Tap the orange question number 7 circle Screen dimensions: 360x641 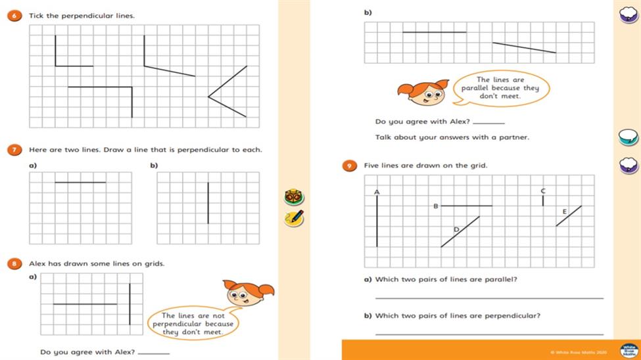(x=12, y=150)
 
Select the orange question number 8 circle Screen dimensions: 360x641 (x=12, y=263)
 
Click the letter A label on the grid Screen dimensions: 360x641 (x=377, y=192)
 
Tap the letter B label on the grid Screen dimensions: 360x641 (x=435, y=206)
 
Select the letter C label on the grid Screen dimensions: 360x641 (x=543, y=191)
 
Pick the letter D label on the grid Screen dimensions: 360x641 (x=456, y=229)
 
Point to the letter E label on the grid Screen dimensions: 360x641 (x=564, y=211)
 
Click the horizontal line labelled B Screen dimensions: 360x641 (x=466, y=206)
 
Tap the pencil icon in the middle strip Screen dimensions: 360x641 (x=294, y=218)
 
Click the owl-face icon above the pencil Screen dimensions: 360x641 (x=293, y=197)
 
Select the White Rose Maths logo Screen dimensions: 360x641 (x=629, y=350)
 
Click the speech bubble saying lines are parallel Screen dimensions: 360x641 (x=505, y=88)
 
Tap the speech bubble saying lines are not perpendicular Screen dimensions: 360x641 (x=193, y=323)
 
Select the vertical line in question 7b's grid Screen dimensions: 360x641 (x=208, y=203)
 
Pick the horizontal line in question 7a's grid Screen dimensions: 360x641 (x=80, y=182)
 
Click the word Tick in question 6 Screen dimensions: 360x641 (x=36, y=16)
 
